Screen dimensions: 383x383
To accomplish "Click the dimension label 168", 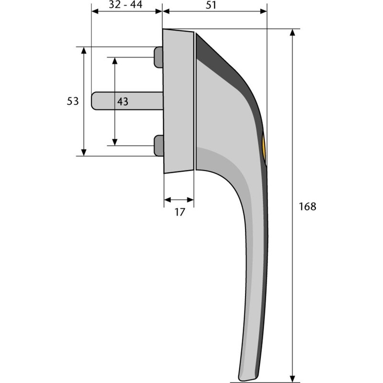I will pyautogui.click(x=307, y=207).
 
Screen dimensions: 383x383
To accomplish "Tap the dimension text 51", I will pyautogui.click(x=211, y=6).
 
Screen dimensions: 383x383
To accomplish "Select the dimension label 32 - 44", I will pyautogui.click(x=126, y=6).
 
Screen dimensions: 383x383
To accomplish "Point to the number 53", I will pyautogui.click(x=73, y=101).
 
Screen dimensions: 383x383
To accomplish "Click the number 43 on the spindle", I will pyautogui.click(x=123, y=101).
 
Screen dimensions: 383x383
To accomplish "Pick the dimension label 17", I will pyautogui.click(x=179, y=212).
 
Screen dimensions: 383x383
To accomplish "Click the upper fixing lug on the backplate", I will pyautogui.click(x=158, y=57).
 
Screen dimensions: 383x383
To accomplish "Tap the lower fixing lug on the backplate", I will pyautogui.click(x=158, y=145).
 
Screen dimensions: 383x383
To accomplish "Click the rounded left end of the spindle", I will pyautogui.click(x=94, y=101).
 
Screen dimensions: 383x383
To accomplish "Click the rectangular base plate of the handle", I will pyautogui.click(x=178, y=101).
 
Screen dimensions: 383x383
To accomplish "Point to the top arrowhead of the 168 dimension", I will pyautogui.click(x=292, y=33).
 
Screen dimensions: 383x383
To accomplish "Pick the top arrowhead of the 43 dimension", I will pyautogui.click(x=114, y=60).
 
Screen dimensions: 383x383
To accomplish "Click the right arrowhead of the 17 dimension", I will pyautogui.click(x=191, y=199).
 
